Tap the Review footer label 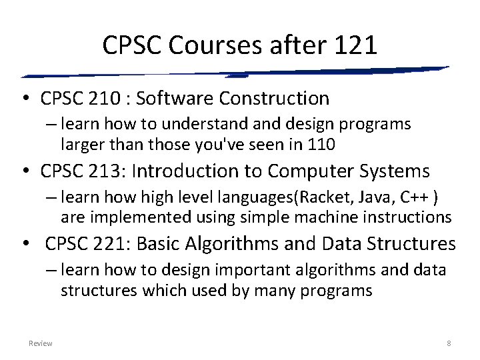tap(41, 343)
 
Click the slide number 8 tap(449, 343)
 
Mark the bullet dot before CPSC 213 tap(24, 172)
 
